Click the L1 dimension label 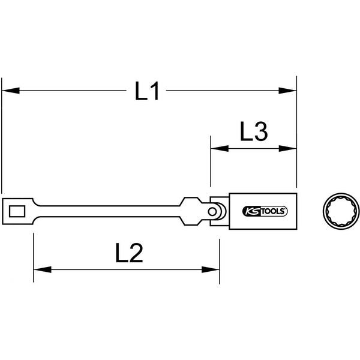[x=147, y=91]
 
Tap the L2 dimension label [x=129, y=253]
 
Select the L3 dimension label [x=254, y=131]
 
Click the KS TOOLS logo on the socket [x=265, y=211]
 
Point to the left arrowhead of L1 [x=11, y=91]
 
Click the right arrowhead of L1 [x=287, y=91]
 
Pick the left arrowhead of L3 [x=220, y=149]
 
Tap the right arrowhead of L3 [x=287, y=149]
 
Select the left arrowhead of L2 [x=43, y=269]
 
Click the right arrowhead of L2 [x=211, y=269]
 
